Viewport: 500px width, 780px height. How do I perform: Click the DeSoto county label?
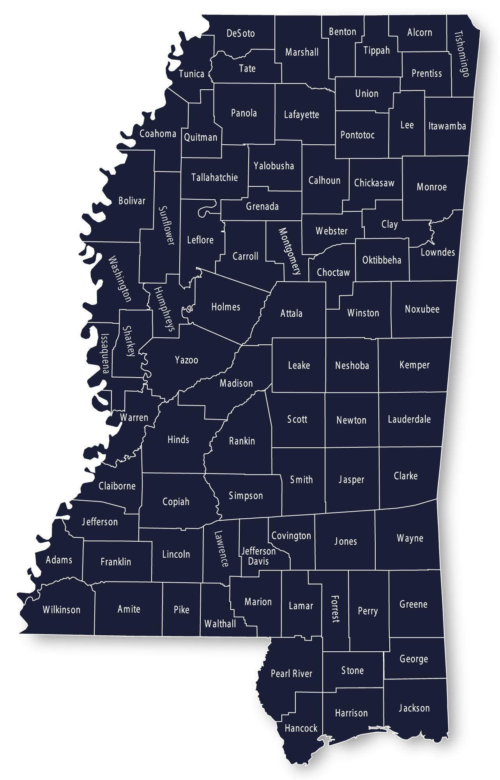241,34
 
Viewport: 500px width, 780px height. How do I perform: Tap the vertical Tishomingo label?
463,54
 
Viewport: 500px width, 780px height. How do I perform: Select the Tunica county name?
191,74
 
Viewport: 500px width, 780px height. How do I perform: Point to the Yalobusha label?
274,166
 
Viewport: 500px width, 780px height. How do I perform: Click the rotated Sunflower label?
167,225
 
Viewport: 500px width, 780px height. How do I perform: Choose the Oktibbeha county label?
382,260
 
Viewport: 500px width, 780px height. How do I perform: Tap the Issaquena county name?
105,353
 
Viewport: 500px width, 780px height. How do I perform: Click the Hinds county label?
178,440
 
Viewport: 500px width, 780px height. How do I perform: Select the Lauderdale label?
409,420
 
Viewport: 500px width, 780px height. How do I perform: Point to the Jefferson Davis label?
258,556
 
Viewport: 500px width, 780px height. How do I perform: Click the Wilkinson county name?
62,610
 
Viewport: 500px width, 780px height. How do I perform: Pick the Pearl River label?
292,674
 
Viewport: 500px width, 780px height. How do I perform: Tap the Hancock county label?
301,728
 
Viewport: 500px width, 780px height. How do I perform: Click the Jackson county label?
414,708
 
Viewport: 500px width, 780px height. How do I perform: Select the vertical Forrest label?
335,609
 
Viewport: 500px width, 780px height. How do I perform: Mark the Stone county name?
352,671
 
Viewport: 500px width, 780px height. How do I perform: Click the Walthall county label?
220,624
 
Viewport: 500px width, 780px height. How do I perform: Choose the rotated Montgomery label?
290,251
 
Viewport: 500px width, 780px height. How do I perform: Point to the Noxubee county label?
422,310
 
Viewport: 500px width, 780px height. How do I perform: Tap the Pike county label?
182,610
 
